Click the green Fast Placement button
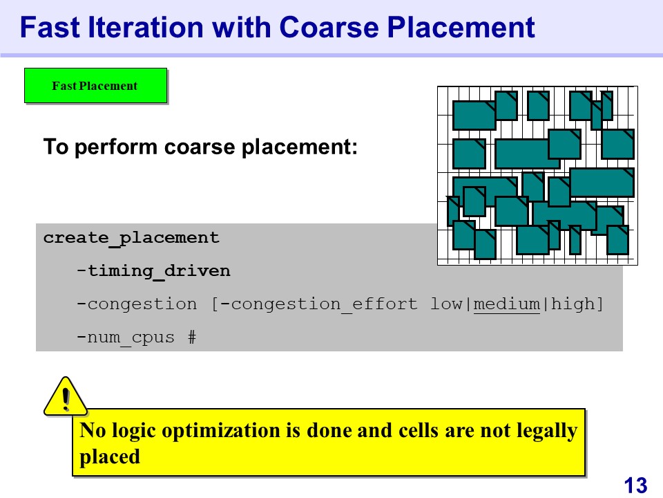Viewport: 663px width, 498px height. point(95,86)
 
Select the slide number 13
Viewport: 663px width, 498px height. point(635,486)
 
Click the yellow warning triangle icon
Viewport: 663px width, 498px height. point(66,396)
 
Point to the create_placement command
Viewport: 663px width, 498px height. point(131,238)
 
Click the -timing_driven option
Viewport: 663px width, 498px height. point(153,271)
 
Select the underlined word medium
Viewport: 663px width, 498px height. point(506,304)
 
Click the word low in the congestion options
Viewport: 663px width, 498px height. point(446,304)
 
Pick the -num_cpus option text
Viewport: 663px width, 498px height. point(126,338)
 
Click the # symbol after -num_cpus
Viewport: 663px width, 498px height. point(192,337)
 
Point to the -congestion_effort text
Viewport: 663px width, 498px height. point(320,304)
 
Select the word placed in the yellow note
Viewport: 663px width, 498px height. point(110,457)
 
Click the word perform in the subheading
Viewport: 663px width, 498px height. point(116,147)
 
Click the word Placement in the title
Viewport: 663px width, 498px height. point(461,28)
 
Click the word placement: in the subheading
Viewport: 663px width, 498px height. point(299,147)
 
